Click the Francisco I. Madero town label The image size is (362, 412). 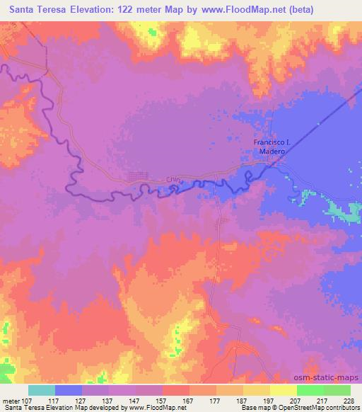269,147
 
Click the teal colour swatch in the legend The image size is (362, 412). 42,390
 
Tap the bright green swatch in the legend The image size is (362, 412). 310,390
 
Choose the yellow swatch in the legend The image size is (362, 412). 283,390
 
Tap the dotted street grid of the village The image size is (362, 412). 138,177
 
